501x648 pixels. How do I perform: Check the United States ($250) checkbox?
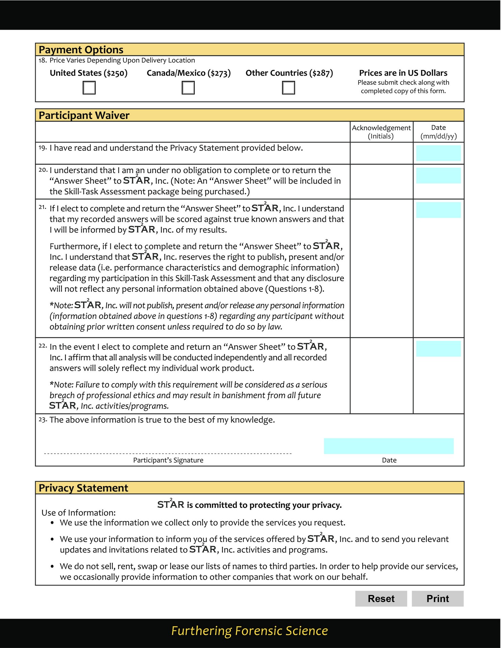tap(89, 88)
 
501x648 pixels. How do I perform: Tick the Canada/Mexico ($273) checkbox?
tap(188, 88)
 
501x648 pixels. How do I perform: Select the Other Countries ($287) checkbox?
tap(288, 88)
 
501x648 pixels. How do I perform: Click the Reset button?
tap(381, 598)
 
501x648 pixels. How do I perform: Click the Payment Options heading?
tap(81, 50)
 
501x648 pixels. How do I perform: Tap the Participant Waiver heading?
tap(84, 115)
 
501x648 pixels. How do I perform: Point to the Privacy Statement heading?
tap(83, 488)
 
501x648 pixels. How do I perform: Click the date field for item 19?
tap(438, 153)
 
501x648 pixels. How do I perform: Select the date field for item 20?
tap(438, 175)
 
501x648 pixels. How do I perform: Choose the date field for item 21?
tap(438, 210)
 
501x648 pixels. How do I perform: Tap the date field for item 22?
tap(438, 349)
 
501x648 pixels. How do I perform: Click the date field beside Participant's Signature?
tap(389, 446)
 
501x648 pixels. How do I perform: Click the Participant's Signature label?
tap(168, 460)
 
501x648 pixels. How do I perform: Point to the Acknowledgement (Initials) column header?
tap(381, 132)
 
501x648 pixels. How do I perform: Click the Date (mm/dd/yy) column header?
tap(438, 132)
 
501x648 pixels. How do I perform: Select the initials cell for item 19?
tap(381, 153)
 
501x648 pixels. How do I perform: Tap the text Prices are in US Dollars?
tap(403, 73)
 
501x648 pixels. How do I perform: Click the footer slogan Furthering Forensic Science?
tap(249, 631)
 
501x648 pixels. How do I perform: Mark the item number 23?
tap(42, 420)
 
